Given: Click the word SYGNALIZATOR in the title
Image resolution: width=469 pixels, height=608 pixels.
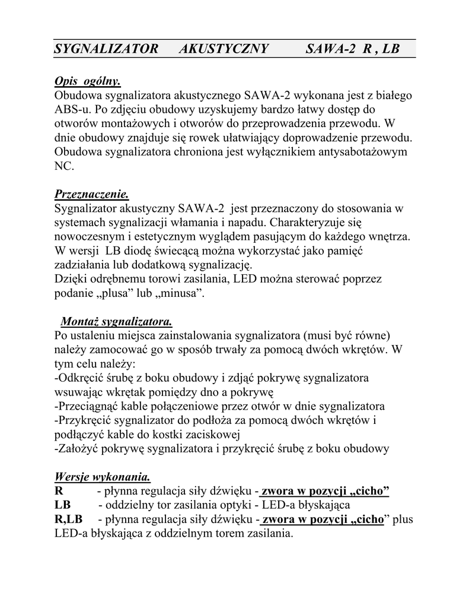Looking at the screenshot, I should (x=106, y=49).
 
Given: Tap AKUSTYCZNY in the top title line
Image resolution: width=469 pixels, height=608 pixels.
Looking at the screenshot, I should (x=224, y=49).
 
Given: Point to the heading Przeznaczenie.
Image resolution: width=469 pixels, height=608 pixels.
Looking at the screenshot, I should (x=91, y=194).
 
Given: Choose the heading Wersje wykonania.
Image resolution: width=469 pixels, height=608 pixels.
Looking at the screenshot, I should (x=102, y=477).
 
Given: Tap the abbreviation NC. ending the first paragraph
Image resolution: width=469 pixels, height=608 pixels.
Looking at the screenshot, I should (x=64, y=166).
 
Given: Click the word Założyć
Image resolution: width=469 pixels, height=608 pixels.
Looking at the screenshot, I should (x=78, y=449).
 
